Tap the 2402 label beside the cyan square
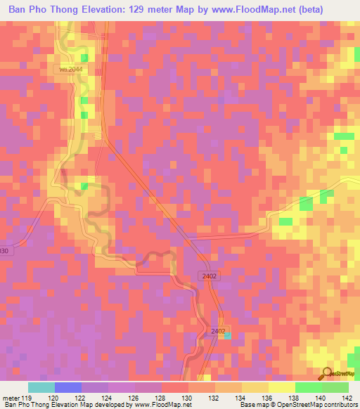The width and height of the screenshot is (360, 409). (x=219, y=330)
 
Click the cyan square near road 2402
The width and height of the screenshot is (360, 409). (x=226, y=335)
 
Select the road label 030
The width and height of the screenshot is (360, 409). (x=5, y=252)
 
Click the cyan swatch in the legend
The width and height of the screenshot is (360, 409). (x=41, y=387)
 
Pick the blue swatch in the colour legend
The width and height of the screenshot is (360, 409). (x=67, y=387)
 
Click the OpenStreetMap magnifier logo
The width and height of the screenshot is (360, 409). (x=326, y=375)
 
